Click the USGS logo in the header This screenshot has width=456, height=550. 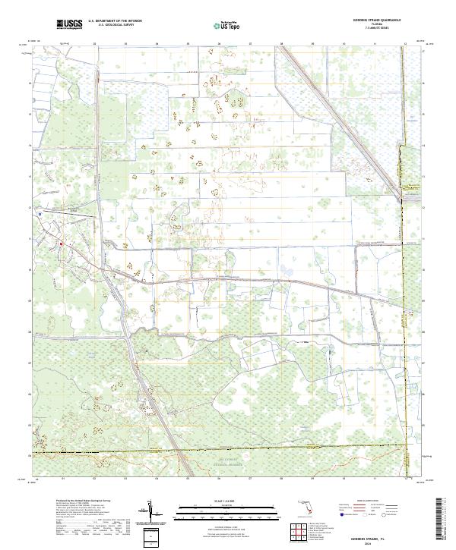pos(69,25)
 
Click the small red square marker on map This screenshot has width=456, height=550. pos(61,244)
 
